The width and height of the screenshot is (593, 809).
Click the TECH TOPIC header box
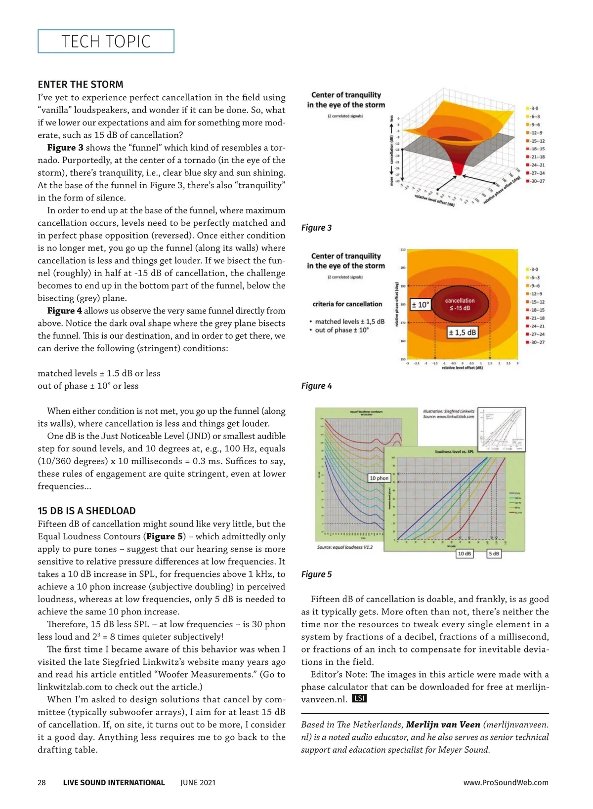pos(106,41)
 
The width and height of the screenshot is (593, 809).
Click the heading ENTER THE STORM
pos(81,84)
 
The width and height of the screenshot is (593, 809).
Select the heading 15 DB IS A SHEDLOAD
pos(86,511)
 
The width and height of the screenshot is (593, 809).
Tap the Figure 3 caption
pos(316,228)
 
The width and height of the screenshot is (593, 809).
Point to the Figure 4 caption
pos(316,386)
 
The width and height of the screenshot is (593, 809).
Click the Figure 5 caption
pos(316,574)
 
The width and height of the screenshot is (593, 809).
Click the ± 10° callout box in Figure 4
pos(421,305)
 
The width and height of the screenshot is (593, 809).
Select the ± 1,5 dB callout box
pos(462,332)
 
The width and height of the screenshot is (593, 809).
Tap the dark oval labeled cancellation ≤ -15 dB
pos(460,304)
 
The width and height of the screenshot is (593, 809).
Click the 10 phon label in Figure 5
pos(379,478)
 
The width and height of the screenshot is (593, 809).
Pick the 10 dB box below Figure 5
pos(464,554)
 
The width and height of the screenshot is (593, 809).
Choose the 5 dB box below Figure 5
pos(494,554)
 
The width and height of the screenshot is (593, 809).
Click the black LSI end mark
pos(359,698)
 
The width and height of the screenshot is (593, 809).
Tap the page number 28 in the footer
pos(42,782)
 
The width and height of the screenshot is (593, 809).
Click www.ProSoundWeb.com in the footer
pos(506,782)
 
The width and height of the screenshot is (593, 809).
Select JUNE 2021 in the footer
pos(198,782)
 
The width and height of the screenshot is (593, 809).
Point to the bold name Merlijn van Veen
pos(443,725)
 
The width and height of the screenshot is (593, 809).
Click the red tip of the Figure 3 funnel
pos(459,171)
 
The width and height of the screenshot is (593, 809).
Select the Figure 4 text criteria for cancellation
pos(347,304)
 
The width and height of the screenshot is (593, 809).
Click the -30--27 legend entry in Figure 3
pos(536,181)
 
